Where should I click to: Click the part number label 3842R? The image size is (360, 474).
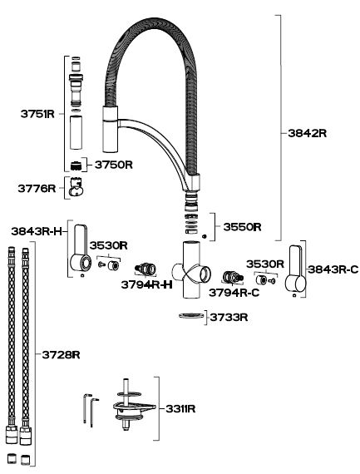coord(307,133)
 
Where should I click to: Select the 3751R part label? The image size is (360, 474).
coord(37,114)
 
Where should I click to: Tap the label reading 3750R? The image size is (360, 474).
coord(113,165)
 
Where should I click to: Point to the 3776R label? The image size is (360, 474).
coord(37,188)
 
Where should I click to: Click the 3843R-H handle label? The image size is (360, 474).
coord(37,231)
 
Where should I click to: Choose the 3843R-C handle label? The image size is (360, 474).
coord(333,269)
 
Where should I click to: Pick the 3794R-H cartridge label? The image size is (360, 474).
coord(146,284)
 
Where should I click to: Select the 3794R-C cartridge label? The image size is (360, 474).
coord(234,293)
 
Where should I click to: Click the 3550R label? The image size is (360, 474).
coord(242,227)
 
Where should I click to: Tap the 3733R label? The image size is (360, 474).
coord(229,318)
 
